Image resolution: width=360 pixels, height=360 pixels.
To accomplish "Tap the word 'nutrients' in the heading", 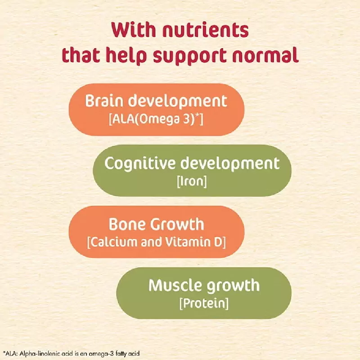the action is point(206,30).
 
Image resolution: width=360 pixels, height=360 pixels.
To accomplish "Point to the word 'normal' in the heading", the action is point(265,54).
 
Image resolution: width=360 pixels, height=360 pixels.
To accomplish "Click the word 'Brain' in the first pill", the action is point(104,101).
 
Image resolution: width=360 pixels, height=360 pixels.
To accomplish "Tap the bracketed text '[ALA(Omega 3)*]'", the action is point(156,119).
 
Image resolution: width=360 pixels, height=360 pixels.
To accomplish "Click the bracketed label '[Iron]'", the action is point(192,181).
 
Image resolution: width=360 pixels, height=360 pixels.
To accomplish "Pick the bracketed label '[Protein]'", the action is point(204,303).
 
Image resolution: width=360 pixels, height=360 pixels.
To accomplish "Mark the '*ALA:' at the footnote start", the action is point(10,354).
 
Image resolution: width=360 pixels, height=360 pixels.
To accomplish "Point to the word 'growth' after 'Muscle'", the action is point(233,286).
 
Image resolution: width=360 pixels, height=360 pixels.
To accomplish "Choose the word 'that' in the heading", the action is point(81,55).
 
